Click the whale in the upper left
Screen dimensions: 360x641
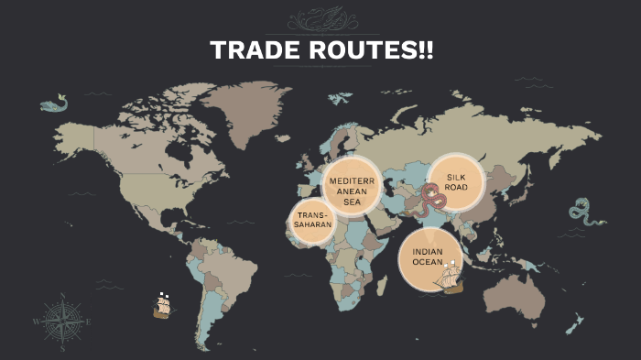[x=56, y=103]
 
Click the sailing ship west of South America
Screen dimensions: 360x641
[x=162, y=306]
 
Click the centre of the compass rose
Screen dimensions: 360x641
[x=62, y=322]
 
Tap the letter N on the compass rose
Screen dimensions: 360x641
[x=62, y=296]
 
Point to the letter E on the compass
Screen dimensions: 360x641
[x=88, y=322]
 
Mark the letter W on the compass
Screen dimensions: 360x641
[x=37, y=322]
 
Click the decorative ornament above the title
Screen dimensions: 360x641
[x=320, y=19]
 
